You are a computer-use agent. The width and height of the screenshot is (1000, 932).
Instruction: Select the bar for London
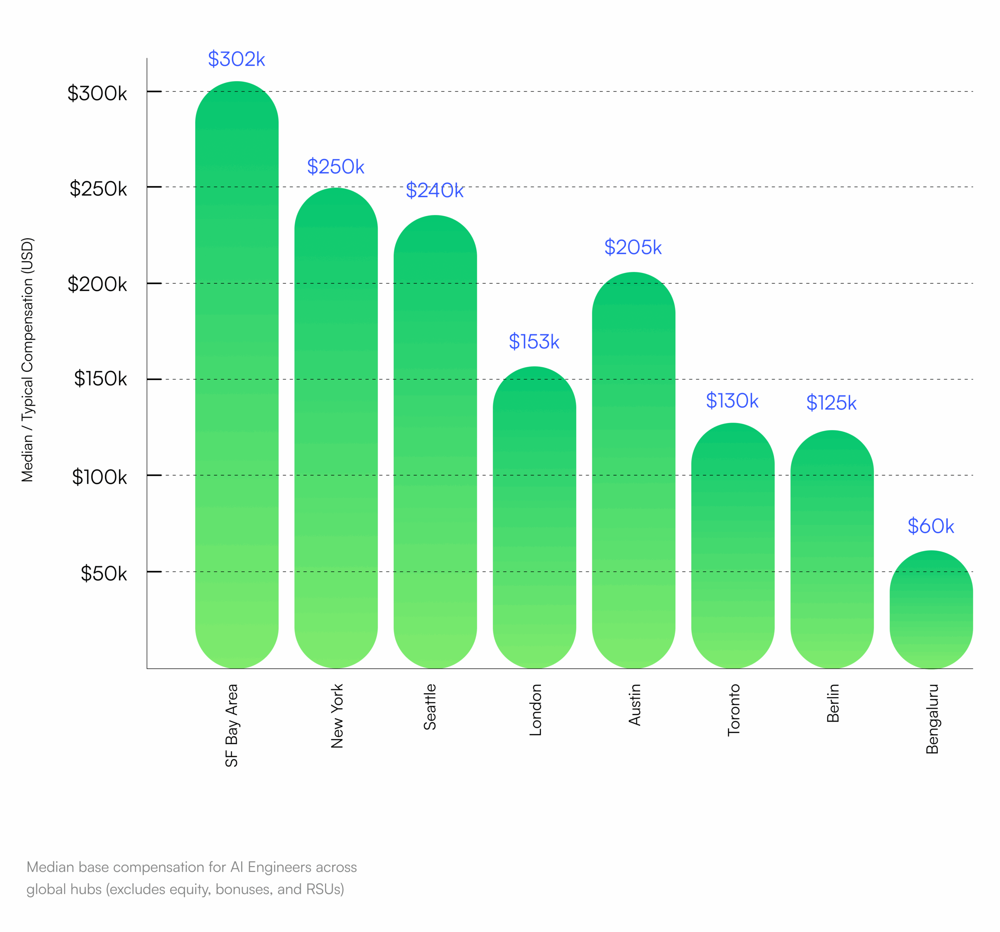click(x=534, y=518)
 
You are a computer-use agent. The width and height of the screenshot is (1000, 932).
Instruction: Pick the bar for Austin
click(x=633, y=470)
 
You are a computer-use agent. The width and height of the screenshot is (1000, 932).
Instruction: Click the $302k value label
click(x=236, y=59)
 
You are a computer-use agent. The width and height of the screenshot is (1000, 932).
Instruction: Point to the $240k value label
click(x=435, y=190)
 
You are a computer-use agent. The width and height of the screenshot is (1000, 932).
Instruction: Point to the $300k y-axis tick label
click(x=98, y=94)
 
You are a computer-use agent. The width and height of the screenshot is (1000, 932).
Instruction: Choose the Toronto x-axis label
click(x=734, y=710)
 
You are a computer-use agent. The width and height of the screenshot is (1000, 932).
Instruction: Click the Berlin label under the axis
click(x=833, y=703)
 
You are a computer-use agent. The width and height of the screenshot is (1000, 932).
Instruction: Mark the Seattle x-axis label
click(x=430, y=707)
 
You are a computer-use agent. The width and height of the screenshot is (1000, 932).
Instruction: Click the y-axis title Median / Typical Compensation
click(x=27, y=360)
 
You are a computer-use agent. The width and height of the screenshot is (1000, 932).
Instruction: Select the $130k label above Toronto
click(x=732, y=401)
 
